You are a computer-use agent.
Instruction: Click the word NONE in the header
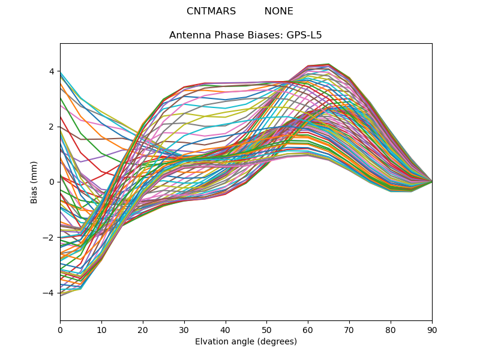pos(278,11)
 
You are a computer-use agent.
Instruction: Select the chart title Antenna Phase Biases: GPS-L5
pos(245,35)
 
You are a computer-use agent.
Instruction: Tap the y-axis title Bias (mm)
pos(34,182)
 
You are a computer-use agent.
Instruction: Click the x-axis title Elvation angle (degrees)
pos(246,341)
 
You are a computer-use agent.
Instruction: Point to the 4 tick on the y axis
pos(52,71)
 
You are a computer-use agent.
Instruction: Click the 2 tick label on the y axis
pos(52,127)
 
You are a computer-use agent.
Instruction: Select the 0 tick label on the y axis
pos(52,182)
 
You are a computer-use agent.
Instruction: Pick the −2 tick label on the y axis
pos(50,237)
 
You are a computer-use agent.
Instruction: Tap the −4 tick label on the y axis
pos(50,293)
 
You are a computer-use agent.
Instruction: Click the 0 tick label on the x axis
pos(60,329)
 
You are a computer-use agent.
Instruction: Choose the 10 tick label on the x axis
pos(101,329)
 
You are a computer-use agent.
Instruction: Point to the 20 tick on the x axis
pos(143,329)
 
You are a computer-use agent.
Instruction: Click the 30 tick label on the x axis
pos(184,329)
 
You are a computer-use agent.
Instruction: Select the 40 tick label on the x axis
pos(226,329)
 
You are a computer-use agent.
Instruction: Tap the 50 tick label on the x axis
pos(266,329)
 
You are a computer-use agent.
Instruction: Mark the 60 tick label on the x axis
pos(308,329)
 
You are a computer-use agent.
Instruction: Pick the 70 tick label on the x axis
pos(349,329)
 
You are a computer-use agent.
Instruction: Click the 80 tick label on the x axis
pos(391,329)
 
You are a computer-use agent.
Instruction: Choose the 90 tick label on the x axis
pos(432,329)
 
